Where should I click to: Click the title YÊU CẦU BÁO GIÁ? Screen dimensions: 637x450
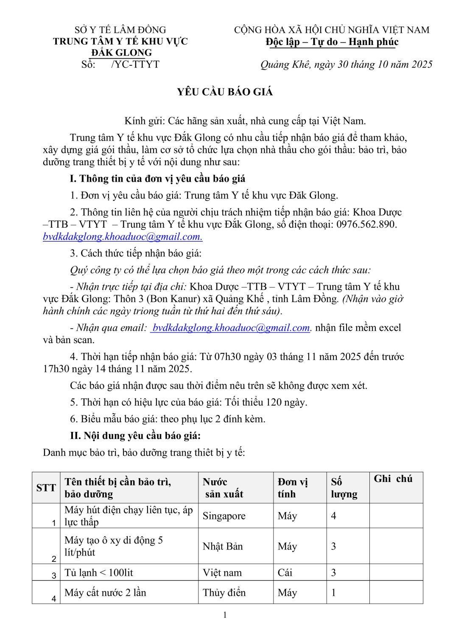point(225,92)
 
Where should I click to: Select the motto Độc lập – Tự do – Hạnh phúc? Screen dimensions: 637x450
point(332,42)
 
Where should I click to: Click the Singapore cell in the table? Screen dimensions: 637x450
point(224,516)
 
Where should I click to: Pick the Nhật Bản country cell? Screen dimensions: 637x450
point(223,546)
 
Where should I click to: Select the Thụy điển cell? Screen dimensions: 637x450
point(224,592)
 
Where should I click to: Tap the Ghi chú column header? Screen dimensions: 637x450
point(393,479)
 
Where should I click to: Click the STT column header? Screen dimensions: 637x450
point(46,488)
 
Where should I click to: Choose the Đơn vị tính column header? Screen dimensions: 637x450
point(293,488)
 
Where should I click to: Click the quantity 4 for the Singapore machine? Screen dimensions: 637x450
point(334,516)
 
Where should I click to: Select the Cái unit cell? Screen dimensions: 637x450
point(285,572)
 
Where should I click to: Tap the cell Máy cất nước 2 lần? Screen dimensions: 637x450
point(105,592)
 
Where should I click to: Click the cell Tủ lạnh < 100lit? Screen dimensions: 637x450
point(99,572)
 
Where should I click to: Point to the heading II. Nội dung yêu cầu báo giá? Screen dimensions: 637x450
point(135,435)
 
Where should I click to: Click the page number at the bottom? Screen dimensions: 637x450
point(225,615)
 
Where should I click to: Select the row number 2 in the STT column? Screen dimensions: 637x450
point(53,559)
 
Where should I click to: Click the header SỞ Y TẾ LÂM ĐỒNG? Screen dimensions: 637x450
point(120,30)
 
